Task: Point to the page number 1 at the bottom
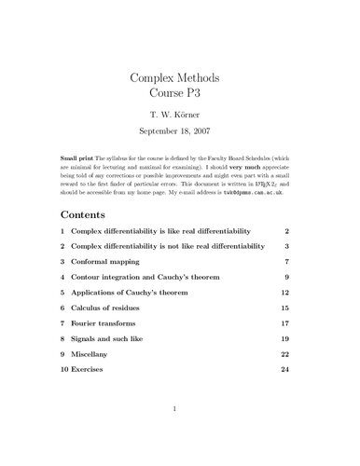click(x=180, y=434)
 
